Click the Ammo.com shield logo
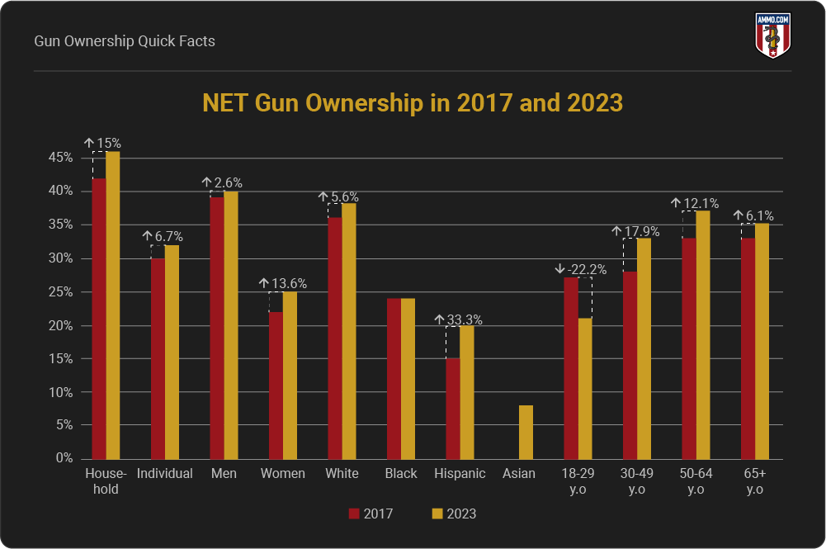tap(772, 35)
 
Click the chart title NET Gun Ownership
tap(413, 104)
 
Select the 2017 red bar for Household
tap(99, 318)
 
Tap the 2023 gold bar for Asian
tap(526, 432)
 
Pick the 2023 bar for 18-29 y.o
tap(585, 388)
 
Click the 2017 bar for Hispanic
tap(453, 409)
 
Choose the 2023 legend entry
tap(453, 514)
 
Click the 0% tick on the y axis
tap(64, 458)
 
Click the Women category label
tap(282, 474)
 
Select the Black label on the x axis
tap(400, 474)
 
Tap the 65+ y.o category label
tap(754, 480)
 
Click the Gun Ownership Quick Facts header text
tap(125, 40)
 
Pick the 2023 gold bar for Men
tap(232, 325)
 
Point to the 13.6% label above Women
tap(288, 284)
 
